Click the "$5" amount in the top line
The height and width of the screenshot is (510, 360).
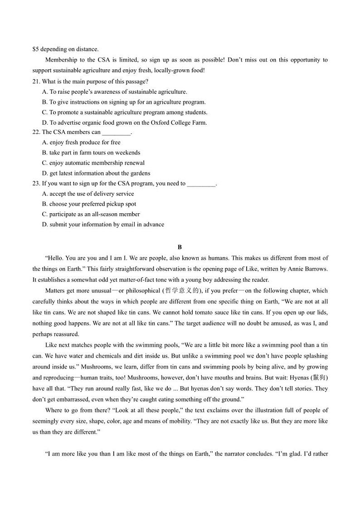(35, 49)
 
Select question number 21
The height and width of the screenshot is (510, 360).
(36, 82)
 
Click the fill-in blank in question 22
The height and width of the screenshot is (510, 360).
(116, 132)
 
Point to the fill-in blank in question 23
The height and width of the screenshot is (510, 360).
(201, 184)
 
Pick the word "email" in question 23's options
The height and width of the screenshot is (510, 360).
(128, 225)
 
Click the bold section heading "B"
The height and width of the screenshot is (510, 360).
(180, 247)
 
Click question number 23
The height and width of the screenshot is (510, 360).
(36, 184)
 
